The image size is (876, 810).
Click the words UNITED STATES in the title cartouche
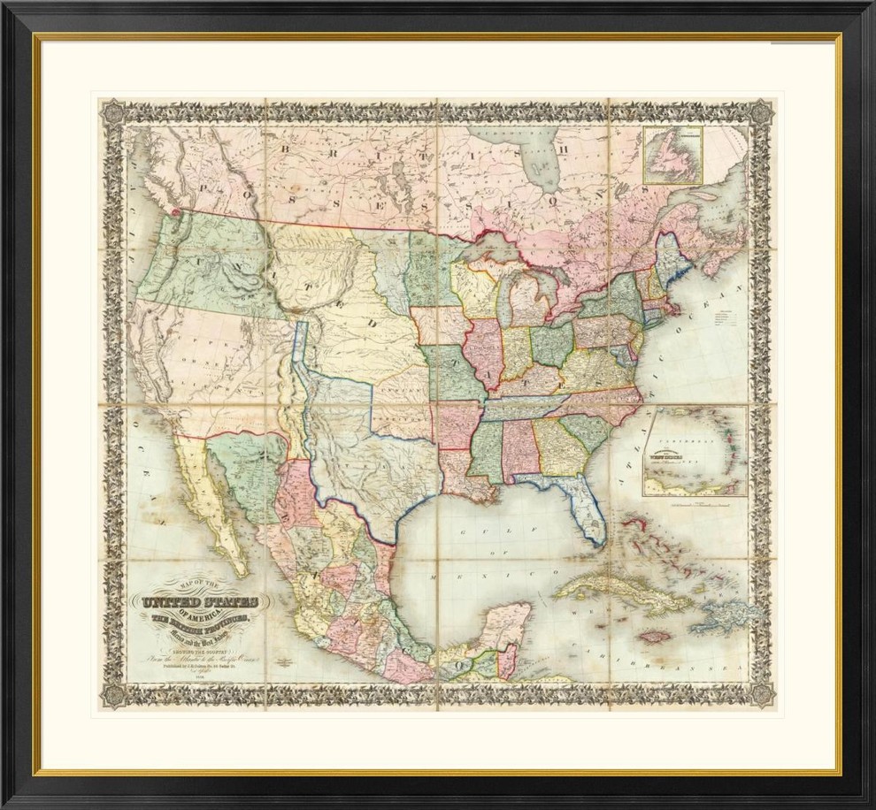tap(196, 605)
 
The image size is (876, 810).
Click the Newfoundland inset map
tap(672, 154)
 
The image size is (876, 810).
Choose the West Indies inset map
tap(695, 450)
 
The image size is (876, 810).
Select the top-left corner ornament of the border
tap(112, 111)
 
